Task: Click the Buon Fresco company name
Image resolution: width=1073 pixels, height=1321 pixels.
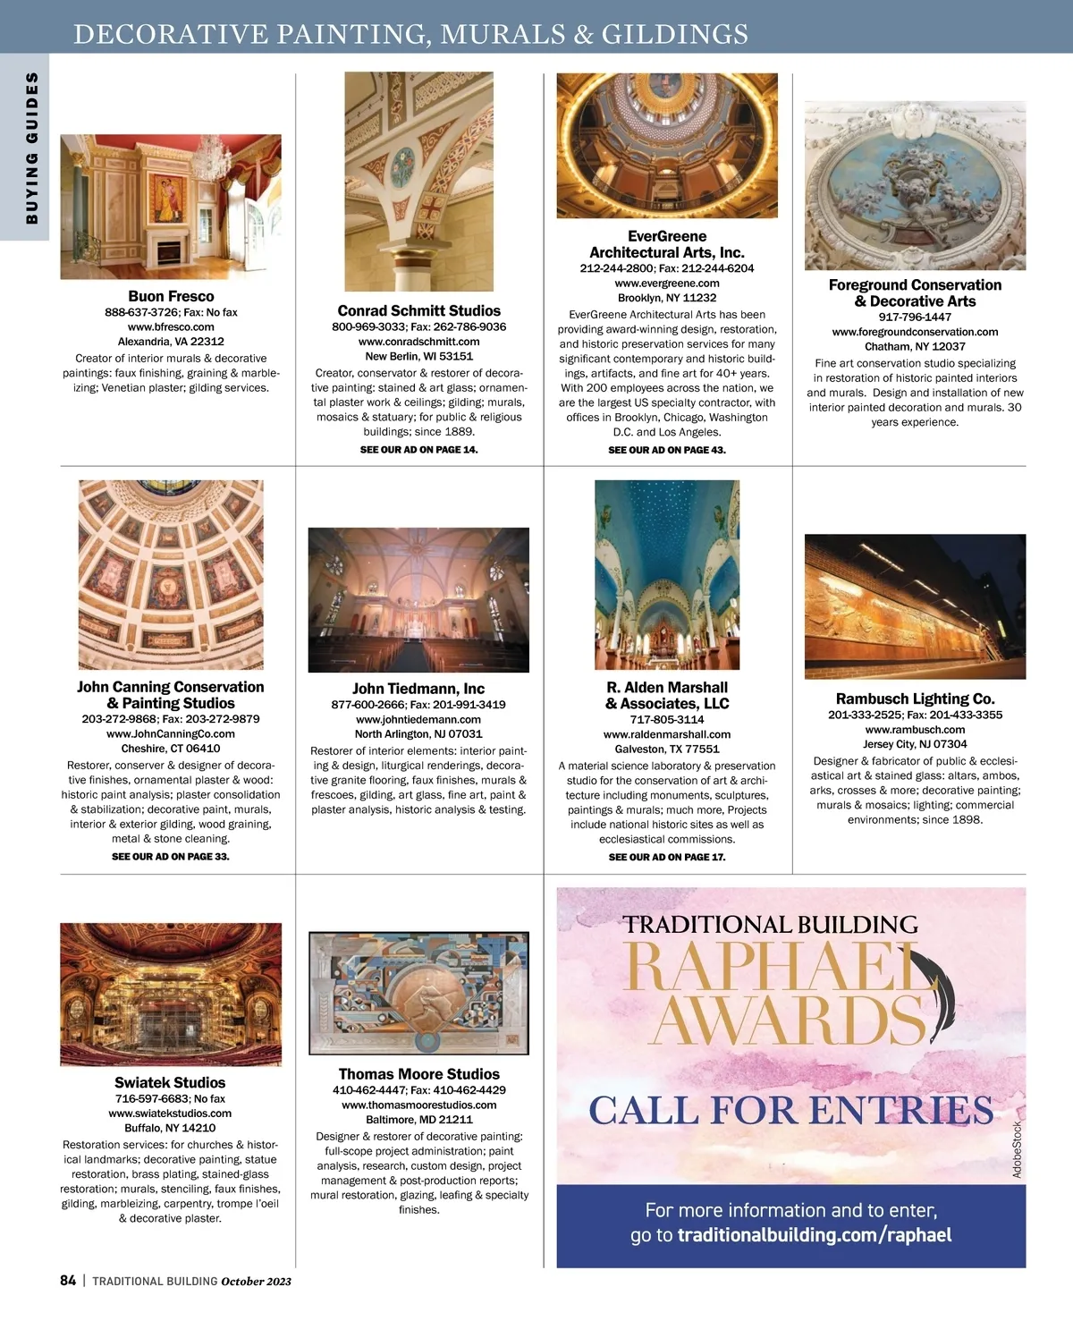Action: point(171,296)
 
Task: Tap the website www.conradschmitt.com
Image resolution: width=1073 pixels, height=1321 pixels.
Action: point(418,342)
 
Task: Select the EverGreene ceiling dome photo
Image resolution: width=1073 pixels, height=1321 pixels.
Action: point(667,145)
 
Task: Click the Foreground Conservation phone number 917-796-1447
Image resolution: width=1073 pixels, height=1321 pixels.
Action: point(915,317)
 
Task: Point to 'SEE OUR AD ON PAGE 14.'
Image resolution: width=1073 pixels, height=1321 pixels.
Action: point(418,450)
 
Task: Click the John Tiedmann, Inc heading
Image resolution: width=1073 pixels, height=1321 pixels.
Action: point(418,689)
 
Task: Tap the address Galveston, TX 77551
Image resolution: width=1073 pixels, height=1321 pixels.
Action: point(667,749)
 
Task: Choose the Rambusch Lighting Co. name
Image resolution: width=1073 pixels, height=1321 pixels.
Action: point(915,699)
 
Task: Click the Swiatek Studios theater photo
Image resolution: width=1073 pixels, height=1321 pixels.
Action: point(171,994)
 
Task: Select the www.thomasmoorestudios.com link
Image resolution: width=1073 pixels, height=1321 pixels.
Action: point(418,1105)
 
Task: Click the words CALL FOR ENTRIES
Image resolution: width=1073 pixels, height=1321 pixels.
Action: point(790,1111)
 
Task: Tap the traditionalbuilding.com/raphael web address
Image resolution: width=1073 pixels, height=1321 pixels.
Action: point(815,1236)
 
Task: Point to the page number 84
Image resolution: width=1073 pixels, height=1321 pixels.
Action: point(68,1281)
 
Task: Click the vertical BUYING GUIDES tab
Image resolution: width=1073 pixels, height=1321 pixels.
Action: point(32,148)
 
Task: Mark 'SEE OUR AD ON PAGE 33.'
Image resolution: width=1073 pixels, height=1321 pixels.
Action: point(171,857)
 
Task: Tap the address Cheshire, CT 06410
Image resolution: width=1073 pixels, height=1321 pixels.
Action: point(171,749)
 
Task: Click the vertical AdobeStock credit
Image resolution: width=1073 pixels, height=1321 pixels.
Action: point(1017,1149)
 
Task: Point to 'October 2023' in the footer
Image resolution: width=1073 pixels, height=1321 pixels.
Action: point(257,1282)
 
